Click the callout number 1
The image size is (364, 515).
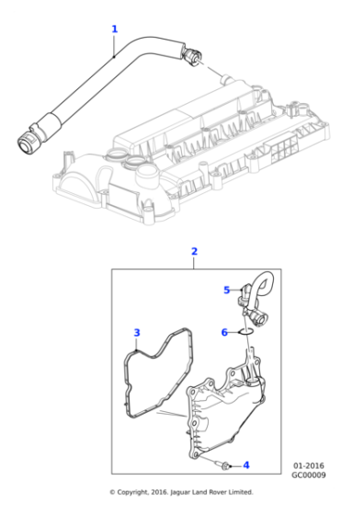pos(114,29)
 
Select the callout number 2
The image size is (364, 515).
pos(194,251)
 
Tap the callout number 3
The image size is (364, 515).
pos(136,332)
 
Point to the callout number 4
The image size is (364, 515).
pos(245,465)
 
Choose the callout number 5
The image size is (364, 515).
pos(226,291)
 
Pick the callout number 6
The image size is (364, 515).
pos(223,332)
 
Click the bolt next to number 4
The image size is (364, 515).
pos(225,464)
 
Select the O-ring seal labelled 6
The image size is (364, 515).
pos(245,332)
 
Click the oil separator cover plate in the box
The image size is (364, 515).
pos(230,414)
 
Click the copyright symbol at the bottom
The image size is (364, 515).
pos(113,492)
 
